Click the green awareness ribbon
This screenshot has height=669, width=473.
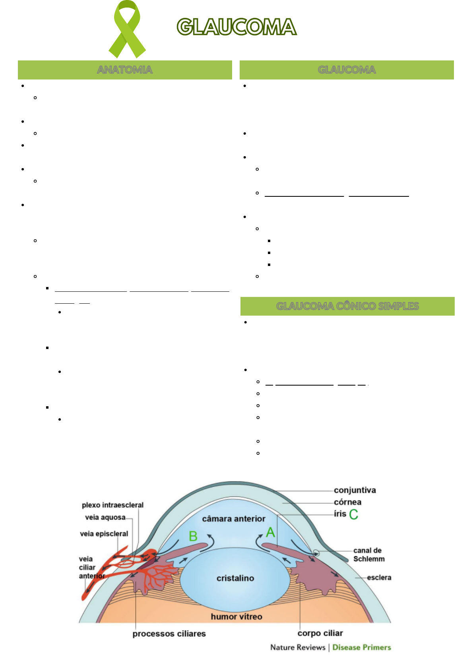point(127,29)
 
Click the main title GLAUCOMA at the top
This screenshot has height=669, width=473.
point(237,27)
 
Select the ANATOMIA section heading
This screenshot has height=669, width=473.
point(125,70)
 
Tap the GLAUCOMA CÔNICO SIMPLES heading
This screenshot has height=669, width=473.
point(347,306)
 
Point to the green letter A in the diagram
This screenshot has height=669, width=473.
point(271,532)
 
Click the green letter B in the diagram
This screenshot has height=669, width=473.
point(193,536)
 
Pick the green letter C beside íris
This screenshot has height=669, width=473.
point(353,514)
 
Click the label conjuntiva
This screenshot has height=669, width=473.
point(355,490)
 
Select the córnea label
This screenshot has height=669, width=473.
point(347,502)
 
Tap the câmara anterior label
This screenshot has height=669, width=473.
point(233,519)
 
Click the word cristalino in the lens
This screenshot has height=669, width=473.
point(235,578)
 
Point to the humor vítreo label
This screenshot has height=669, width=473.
point(236,617)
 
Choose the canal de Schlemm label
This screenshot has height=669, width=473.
point(368,555)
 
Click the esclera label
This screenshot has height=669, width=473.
point(379,577)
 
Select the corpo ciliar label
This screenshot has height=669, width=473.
point(320,633)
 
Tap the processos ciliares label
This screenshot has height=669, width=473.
point(169,634)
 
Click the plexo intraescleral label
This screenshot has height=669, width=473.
point(112,505)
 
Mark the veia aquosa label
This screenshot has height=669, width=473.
point(105,517)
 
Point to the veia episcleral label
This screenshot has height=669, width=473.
point(104,533)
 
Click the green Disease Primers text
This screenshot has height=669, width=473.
point(362,647)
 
